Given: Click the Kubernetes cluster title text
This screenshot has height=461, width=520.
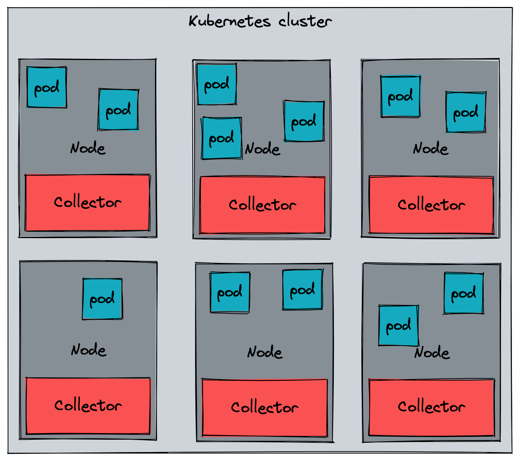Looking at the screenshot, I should pos(260,21).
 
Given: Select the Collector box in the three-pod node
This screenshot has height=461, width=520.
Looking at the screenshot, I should pos(262,205).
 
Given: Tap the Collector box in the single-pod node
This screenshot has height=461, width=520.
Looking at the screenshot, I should pos(88,406).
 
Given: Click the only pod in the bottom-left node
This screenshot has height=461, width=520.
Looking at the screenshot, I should pos(103,299).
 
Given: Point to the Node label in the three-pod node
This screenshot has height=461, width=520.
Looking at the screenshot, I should pos(262,148).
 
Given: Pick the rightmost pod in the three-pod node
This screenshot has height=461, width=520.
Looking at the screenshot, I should pos(304,121).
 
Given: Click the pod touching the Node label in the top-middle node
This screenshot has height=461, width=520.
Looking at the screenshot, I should pos(222,138).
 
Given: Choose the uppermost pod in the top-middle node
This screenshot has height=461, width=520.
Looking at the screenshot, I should pos(217,84).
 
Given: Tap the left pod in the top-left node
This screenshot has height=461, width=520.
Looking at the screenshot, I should pos(47,87).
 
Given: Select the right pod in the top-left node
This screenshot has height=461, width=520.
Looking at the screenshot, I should pos(118,110).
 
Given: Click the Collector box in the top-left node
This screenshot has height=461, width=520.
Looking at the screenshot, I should pos(87,202).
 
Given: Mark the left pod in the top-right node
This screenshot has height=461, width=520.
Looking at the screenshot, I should pos(400,96).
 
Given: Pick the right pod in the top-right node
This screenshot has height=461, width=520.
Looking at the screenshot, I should pos(466,112).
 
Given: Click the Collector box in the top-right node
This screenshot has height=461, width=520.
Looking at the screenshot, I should pos(431,205).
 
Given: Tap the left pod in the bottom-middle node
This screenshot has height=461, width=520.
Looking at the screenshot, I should pos(230,292).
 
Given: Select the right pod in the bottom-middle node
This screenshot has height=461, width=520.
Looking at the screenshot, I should pos(303,290).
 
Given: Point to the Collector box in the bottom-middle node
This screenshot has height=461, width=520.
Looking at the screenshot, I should pos(265,408).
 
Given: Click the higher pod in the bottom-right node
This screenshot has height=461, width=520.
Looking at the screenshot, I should pos(464,293).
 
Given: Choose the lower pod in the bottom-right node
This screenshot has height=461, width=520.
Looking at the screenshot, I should pos(399,325).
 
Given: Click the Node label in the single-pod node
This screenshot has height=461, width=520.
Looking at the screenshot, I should pos(89,350).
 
